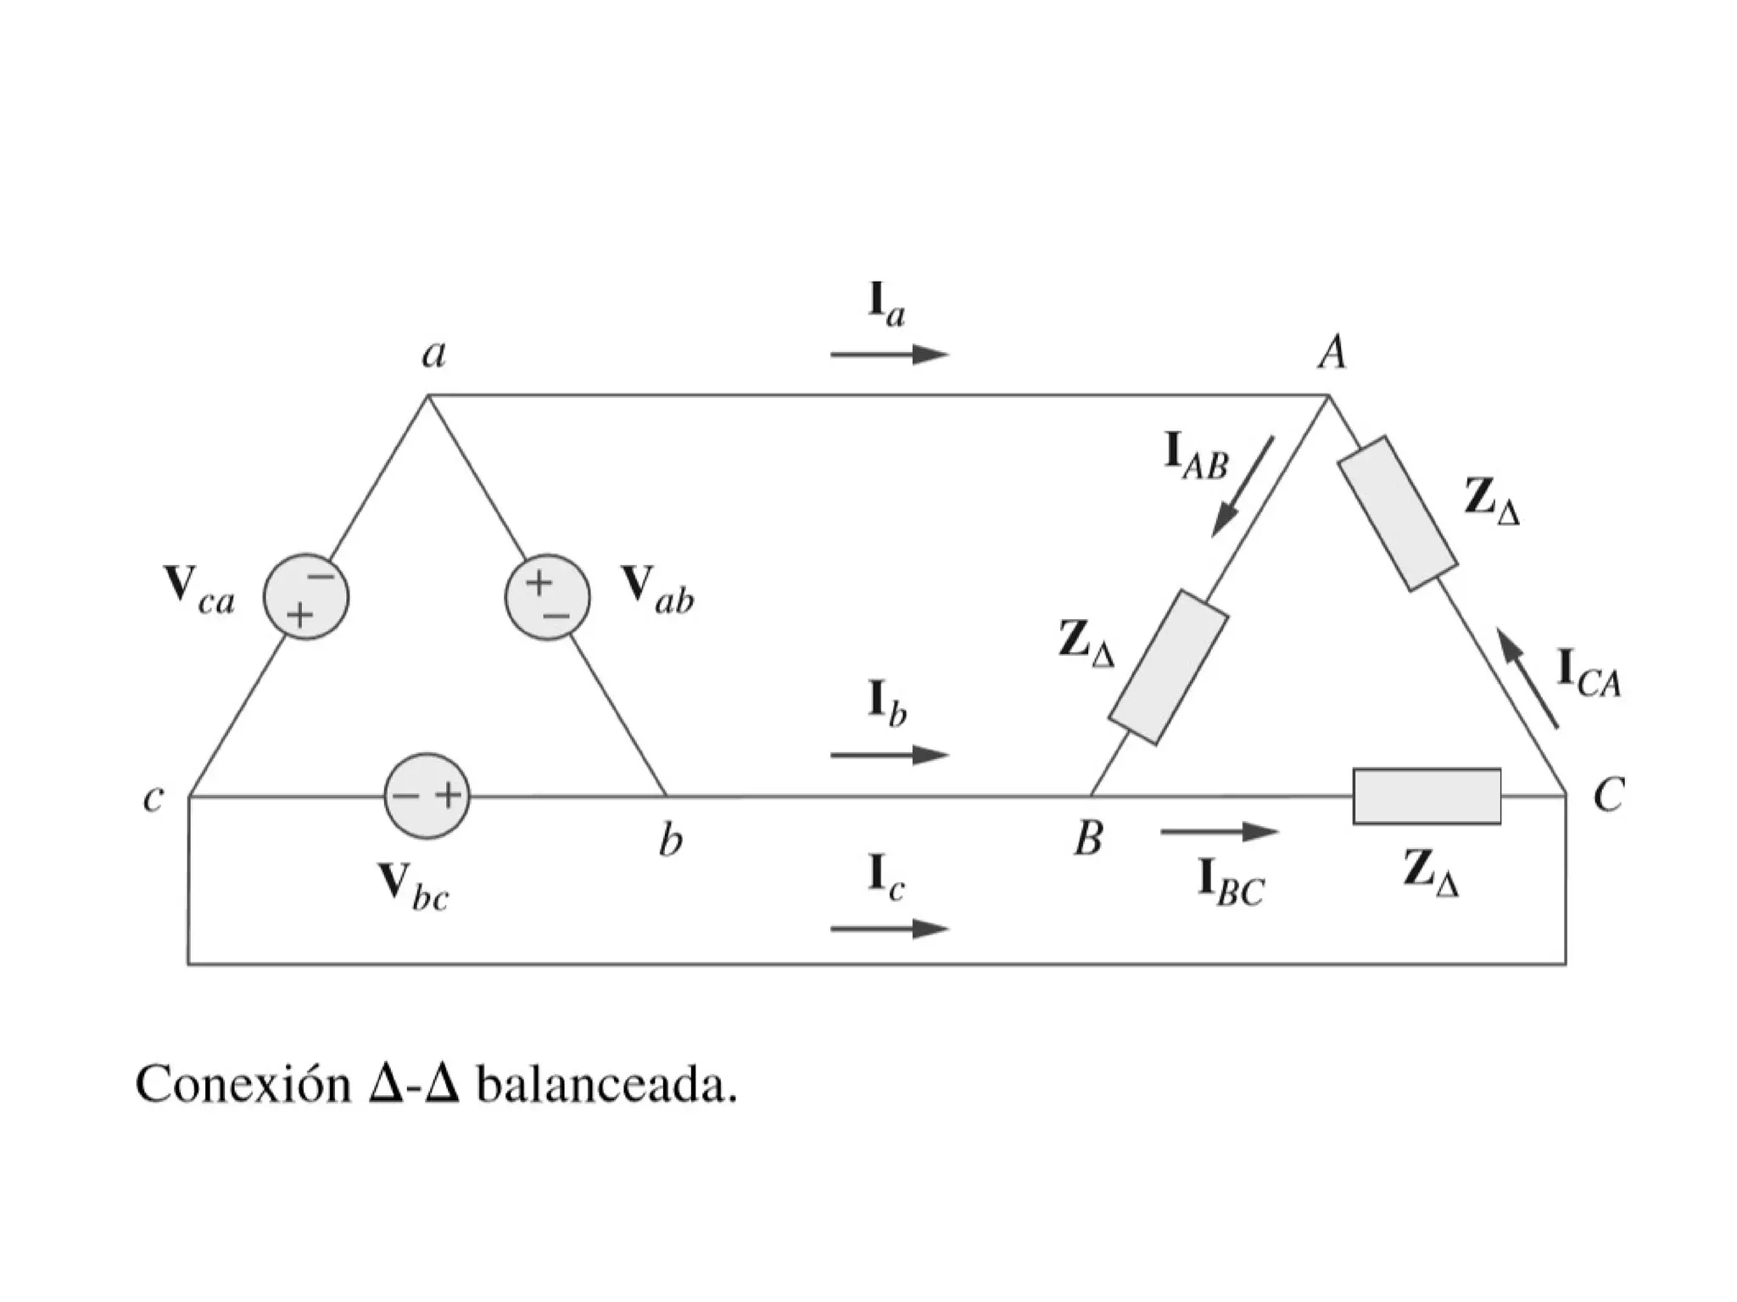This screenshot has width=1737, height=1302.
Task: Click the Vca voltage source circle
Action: [x=306, y=597]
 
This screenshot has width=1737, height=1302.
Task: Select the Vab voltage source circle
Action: [x=548, y=597]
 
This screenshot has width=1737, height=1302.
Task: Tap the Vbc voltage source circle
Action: [x=427, y=796]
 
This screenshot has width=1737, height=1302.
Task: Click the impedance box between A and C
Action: [x=1397, y=513]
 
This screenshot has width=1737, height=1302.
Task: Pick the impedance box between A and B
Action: [x=1168, y=668]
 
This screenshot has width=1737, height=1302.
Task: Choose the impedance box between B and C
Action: [x=1427, y=796]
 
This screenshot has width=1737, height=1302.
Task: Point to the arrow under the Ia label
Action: [x=889, y=355]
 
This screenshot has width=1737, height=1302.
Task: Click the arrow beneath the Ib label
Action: [x=889, y=754]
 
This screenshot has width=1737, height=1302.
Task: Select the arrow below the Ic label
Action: [x=889, y=929]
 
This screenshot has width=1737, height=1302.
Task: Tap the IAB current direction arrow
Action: [x=1243, y=487]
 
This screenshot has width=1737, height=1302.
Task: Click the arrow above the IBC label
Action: [x=1219, y=832]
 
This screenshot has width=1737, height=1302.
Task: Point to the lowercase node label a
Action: [x=434, y=353]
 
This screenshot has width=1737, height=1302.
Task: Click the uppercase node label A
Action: [x=1332, y=351]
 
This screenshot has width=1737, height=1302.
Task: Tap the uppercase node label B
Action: [x=1088, y=838]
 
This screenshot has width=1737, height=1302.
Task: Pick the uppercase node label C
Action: [x=1607, y=796]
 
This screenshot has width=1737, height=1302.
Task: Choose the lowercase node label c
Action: [x=153, y=798]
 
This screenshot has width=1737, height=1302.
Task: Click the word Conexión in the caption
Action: [x=243, y=1084]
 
